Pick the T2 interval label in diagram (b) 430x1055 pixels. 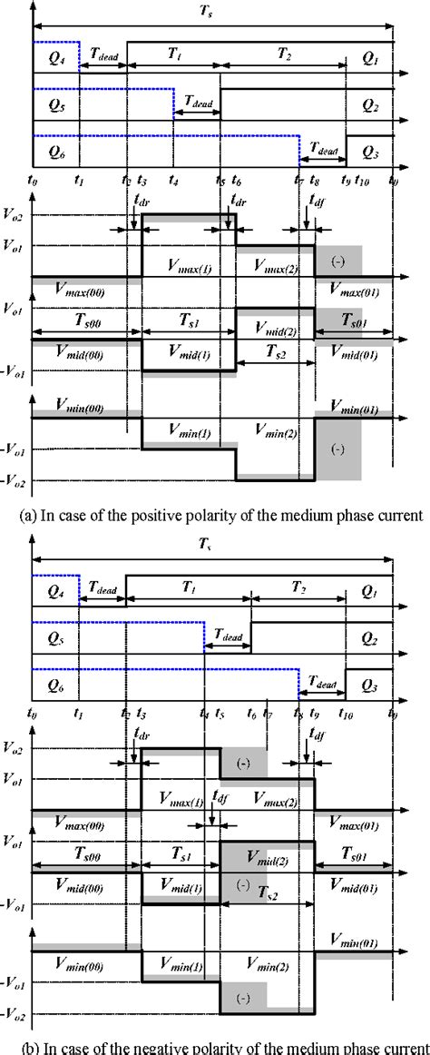tap(297, 587)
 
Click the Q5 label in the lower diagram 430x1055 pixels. tap(48, 639)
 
